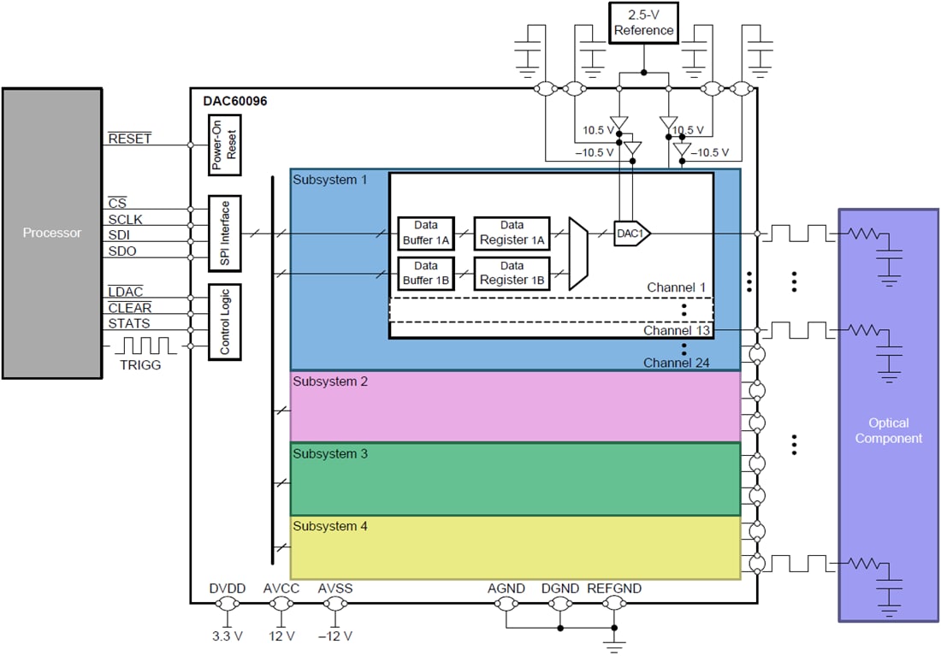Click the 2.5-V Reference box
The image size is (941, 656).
pyautogui.click(x=643, y=23)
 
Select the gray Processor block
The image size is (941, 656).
pyautogui.click(x=52, y=233)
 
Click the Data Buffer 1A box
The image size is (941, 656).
pyautogui.click(x=425, y=233)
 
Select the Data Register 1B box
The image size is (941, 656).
pyautogui.click(x=512, y=273)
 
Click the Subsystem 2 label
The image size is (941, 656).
pyautogui.click(x=330, y=381)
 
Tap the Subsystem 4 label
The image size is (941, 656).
pyautogui.click(x=330, y=526)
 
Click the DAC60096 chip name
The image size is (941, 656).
pyautogui.click(x=235, y=101)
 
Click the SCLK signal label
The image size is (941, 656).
pyautogui.click(x=125, y=220)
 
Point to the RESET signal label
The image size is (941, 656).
pyautogui.click(x=129, y=139)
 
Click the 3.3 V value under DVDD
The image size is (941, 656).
pyautogui.click(x=227, y=636)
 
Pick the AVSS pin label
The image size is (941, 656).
pyautogui.click(x=334, y=588)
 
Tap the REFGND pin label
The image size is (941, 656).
pyautogui.click(x=613, y=588)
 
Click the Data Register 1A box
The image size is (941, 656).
pyautogui.click(x=512, y=233)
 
